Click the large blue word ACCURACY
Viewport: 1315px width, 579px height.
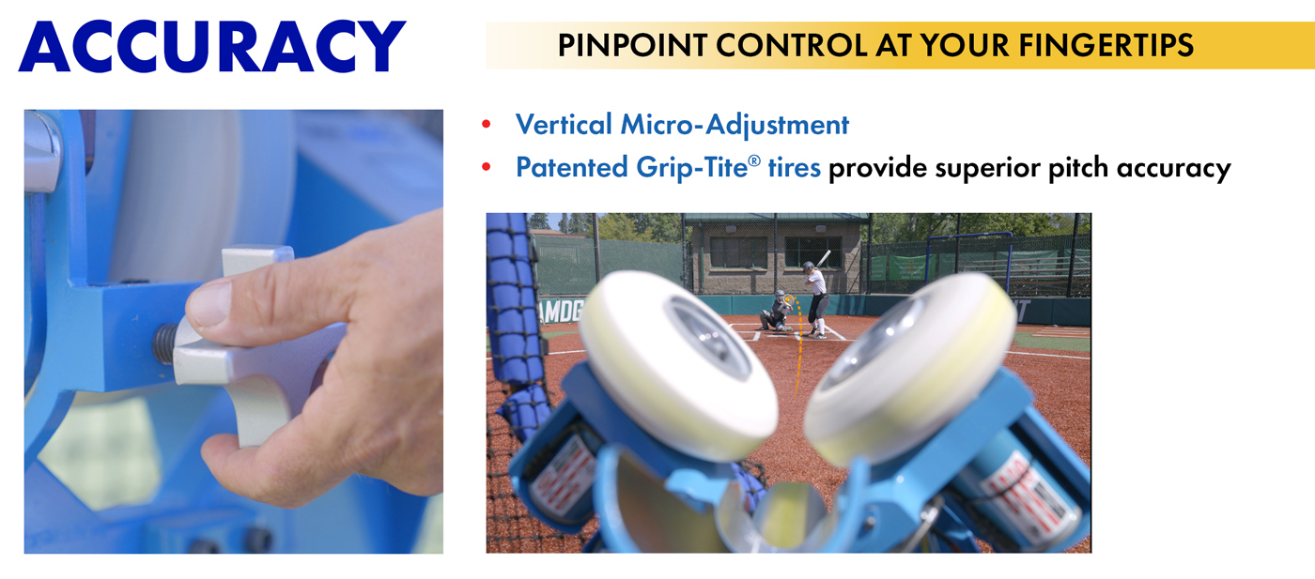click(212, 46)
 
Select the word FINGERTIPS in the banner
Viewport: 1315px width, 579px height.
click(1106, 45)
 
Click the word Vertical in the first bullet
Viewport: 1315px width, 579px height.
click(564, 125)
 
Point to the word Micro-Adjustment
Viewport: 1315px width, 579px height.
click(735, 125)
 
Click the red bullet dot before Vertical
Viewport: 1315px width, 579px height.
click(487, 124)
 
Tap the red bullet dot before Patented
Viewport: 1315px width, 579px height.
click(487, 167)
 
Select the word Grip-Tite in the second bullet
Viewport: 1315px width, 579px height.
click(691, 168)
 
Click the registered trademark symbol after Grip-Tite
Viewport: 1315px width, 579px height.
click(754, 160)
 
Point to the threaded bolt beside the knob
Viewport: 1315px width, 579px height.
click(165, 343)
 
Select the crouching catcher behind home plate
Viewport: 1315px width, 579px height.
click(777, 312)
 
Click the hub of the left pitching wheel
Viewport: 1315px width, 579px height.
click(707, 336)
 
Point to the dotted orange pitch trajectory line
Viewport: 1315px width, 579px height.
click(798, 346)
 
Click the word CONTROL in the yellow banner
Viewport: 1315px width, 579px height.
click(791, 45)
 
